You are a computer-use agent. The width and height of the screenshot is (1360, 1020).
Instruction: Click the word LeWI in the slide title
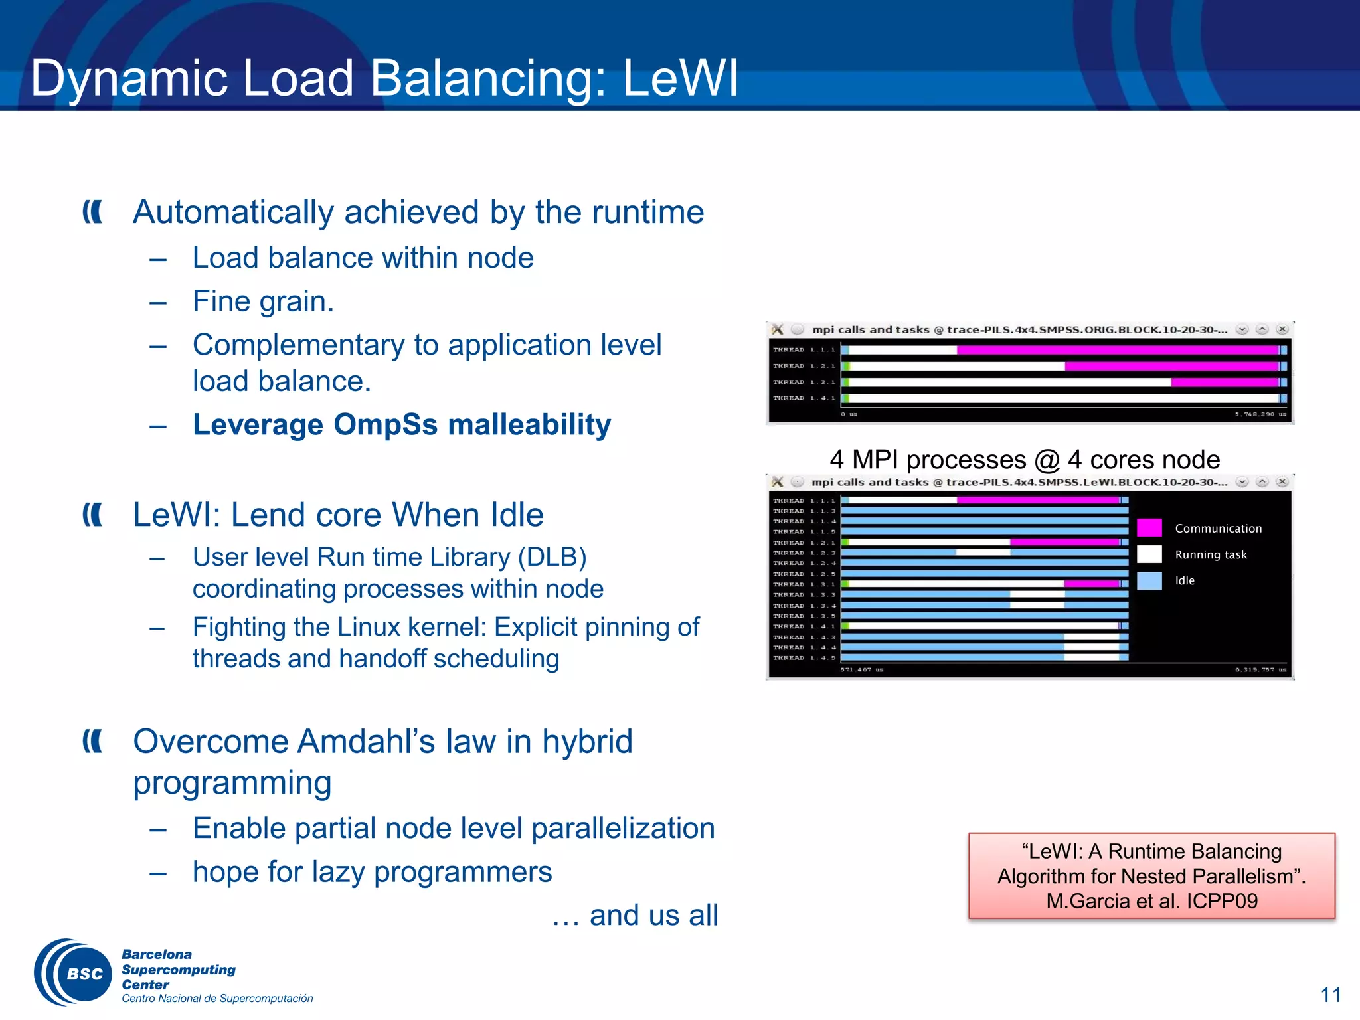pos(680,78)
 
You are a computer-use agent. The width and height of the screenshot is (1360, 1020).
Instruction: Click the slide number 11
pos(1330,995)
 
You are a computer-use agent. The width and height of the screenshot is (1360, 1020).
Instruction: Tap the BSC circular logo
pos(73,973)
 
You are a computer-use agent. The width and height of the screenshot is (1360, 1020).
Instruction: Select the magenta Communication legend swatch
pos(1149,528)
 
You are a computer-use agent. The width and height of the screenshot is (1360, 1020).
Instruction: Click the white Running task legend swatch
pos(1149,554)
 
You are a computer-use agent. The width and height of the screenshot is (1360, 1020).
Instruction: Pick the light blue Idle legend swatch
pos(1149,580)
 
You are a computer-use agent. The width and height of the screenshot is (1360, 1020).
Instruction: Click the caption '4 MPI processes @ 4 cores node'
pos(1024,460)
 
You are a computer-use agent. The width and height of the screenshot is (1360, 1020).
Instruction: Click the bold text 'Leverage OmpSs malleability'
pos(401,425)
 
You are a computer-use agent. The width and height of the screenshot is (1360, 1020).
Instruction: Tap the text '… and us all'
pos(635,915)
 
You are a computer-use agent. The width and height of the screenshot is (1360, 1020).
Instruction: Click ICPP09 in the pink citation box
pos(1222,901)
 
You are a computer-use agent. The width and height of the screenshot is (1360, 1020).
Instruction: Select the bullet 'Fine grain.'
pos(263,301)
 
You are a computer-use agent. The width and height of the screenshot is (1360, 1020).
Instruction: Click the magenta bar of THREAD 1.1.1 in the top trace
pos(1116,350)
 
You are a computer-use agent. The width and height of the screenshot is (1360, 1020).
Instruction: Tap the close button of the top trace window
pos(1282,329)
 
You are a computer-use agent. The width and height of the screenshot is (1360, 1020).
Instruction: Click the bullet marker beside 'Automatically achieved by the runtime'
pos(92,212)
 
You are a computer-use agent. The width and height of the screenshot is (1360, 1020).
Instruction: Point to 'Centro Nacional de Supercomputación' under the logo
pos(217,999)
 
